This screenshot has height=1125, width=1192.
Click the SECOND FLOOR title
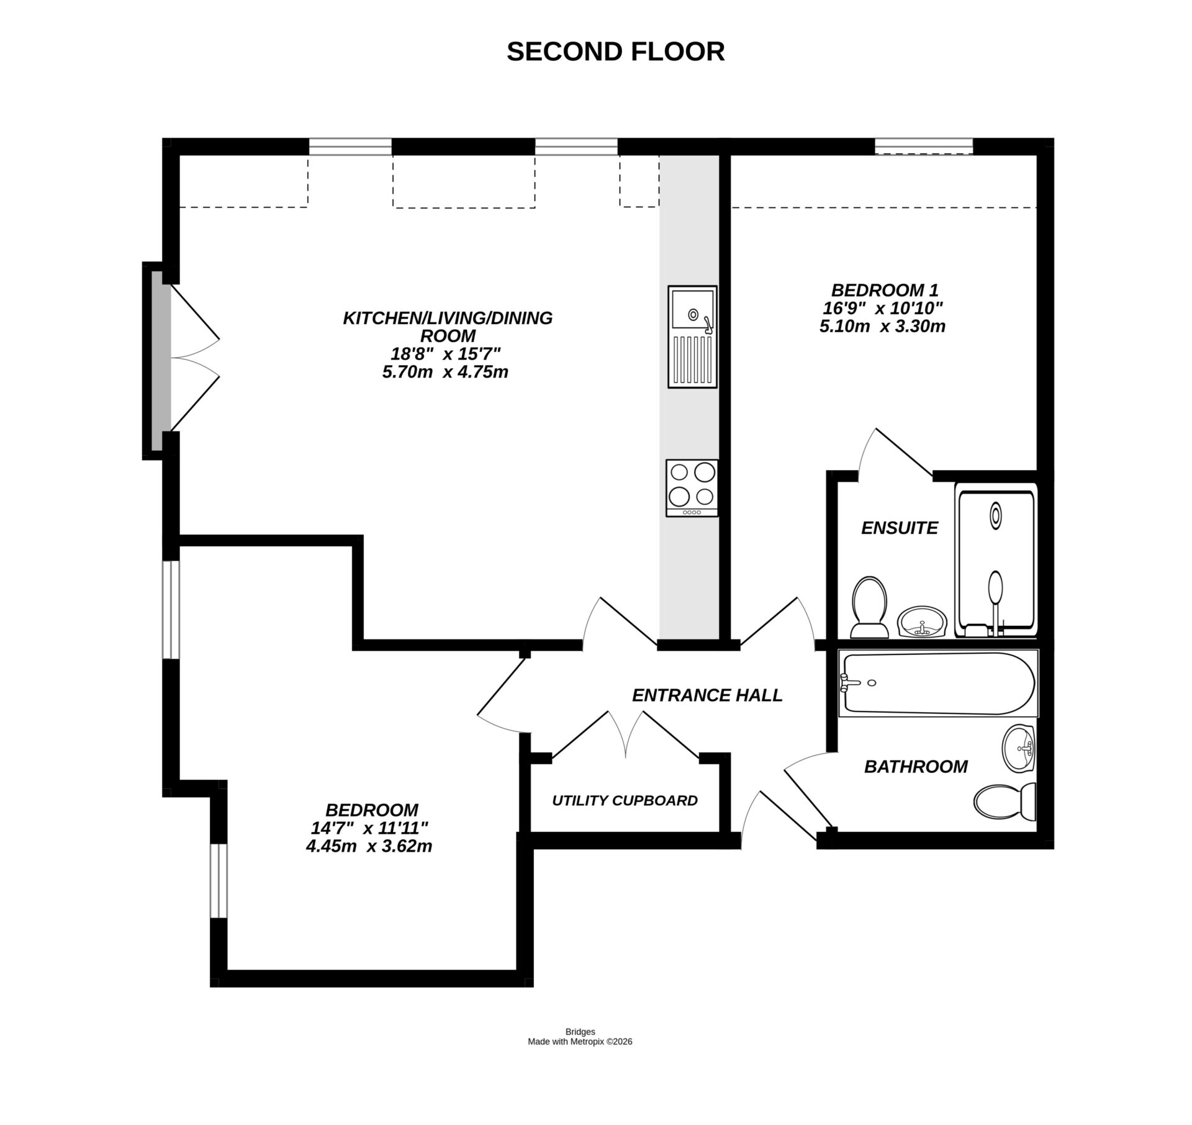click(615, 52)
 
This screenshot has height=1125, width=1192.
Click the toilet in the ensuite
click(869, 606)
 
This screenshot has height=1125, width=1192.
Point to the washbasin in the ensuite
click(922, 621)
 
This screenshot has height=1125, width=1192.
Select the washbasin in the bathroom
click(1019, 748)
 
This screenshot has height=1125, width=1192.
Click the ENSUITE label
click(899, 528)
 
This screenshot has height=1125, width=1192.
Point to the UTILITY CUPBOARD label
click(625, 800)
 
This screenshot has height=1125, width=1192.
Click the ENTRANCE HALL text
click(707, 695)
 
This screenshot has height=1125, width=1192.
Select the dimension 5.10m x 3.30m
click(882, 327)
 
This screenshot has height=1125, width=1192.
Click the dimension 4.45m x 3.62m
click(369, 846)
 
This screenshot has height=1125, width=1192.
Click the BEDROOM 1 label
click(885, 290)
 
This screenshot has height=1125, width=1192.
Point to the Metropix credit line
click(579, 1041)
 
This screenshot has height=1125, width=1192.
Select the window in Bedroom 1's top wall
click(923, 147)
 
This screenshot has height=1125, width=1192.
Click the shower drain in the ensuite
click(995, 516)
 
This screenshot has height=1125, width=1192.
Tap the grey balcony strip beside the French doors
click(158, 360)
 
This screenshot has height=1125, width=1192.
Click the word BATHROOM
click(916, 767)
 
